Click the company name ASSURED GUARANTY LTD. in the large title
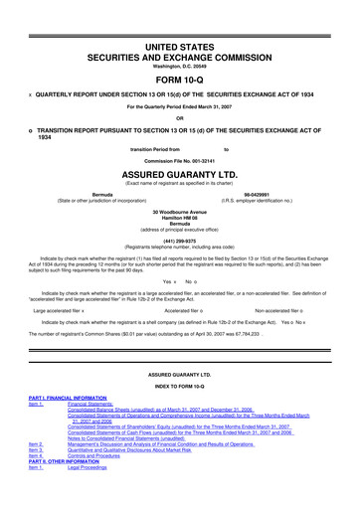[x=180, y=169]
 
